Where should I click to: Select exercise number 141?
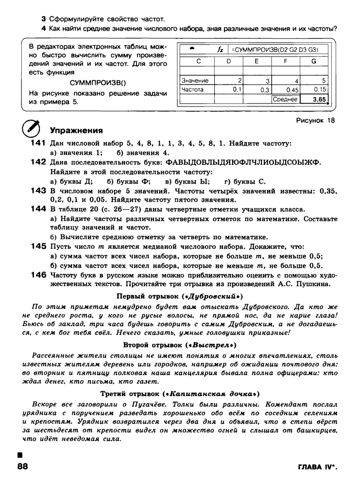point(38,143)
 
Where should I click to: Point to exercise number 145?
point(38,247)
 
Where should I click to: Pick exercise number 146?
point(38,275)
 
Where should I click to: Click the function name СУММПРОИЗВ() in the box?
point(98,83)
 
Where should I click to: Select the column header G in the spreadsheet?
point(313,61)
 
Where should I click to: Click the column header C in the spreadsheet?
point(198,61)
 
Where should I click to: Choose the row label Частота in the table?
point(193,90)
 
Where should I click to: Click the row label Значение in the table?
point(195,80)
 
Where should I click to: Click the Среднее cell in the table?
point(285,99)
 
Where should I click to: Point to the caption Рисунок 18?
point(315,120)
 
